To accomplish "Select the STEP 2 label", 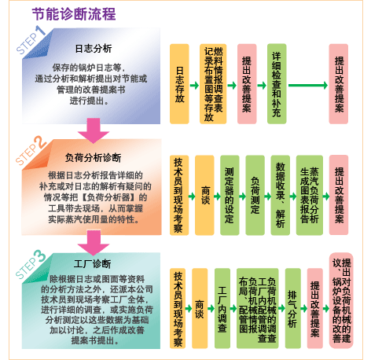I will point(29,149).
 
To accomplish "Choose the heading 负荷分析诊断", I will point(93,157).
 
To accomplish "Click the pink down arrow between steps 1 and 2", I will point(93,127).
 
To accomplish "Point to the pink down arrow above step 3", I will point(93,238).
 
